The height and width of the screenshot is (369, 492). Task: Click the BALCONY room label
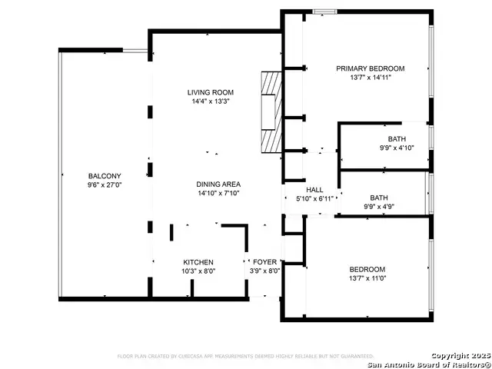[x=104, y=176]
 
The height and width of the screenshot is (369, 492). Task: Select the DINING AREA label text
[x=219, y=184]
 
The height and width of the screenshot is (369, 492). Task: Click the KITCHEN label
[x=198, y=262]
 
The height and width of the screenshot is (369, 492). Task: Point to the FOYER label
[x=264, y=262]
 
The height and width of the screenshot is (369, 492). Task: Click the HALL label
[x=314, y=190]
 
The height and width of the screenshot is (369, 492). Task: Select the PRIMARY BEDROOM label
[x=370, y=68]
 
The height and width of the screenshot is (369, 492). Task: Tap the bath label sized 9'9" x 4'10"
[x=397, y=139]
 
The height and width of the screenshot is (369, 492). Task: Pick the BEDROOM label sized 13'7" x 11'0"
[x=367, y=269]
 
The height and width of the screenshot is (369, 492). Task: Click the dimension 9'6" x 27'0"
[x=104, y=184]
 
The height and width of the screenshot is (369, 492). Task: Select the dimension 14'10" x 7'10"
[x=219, y=193]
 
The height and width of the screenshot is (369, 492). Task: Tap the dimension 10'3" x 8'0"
[x=198, y=271]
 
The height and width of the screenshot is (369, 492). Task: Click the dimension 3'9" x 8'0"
[x=264, y=271]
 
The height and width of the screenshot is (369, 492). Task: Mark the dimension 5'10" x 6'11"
[x=314, y=198]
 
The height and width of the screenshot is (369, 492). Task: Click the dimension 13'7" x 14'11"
[x=370, y=77]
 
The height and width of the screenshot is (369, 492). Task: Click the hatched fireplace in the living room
[x=270, y=114]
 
